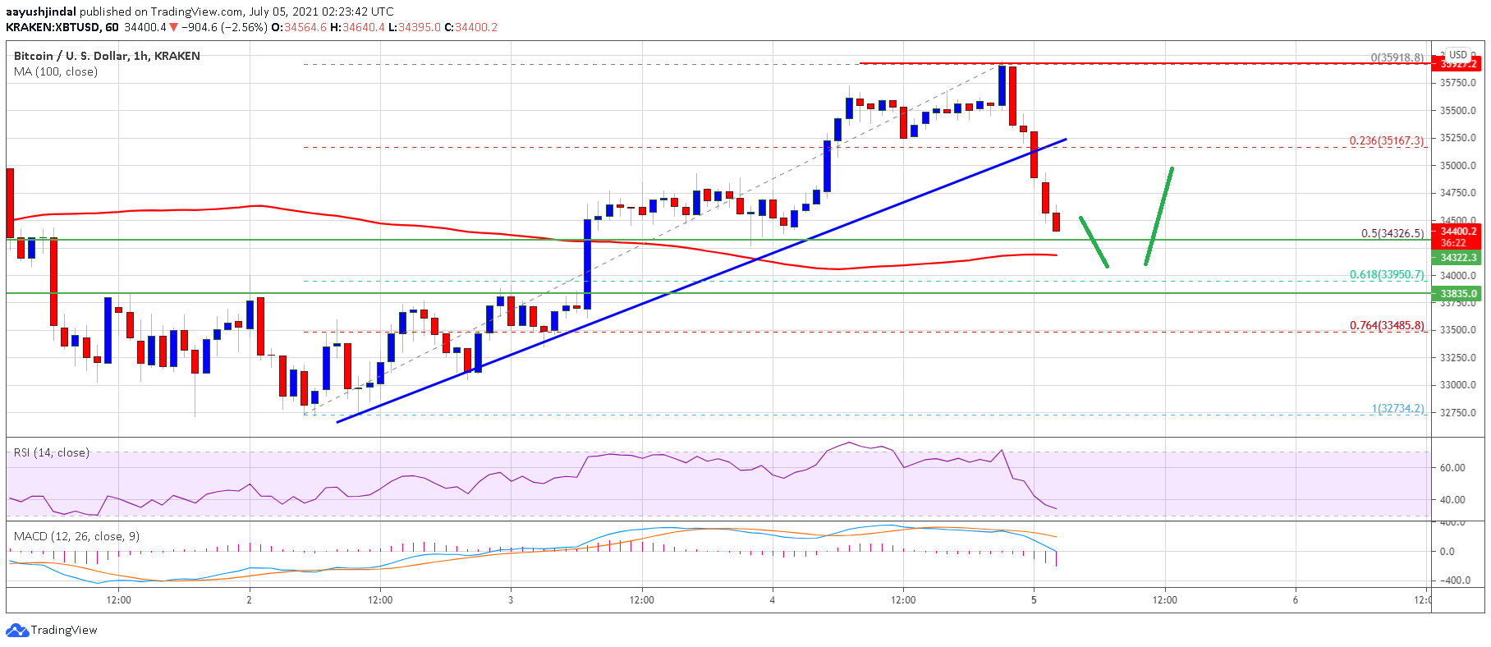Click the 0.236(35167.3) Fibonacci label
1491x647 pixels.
pos(1386,141)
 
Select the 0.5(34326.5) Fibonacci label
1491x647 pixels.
pos(1392,233)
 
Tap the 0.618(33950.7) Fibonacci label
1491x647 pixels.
pos(1386,275)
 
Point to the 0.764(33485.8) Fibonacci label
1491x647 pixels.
pos(1386,326)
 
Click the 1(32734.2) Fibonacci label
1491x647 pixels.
pos(1397,408)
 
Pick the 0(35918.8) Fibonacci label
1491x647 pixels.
pos(1397,57)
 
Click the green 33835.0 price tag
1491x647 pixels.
pos(1457,293)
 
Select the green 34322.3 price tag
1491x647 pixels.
pos(1457,258)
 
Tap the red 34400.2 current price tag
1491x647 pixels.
pos(1457,232)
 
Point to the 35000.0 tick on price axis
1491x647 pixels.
pos(1457,165)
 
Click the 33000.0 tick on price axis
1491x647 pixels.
pos(1457,384)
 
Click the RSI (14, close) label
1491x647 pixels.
pos(52,453)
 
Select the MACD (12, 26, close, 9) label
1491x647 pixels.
pos(76,536)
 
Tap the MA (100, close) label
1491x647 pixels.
pos(56,72)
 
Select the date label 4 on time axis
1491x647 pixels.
pos(772,600)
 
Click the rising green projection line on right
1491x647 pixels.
pos(1158,216)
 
